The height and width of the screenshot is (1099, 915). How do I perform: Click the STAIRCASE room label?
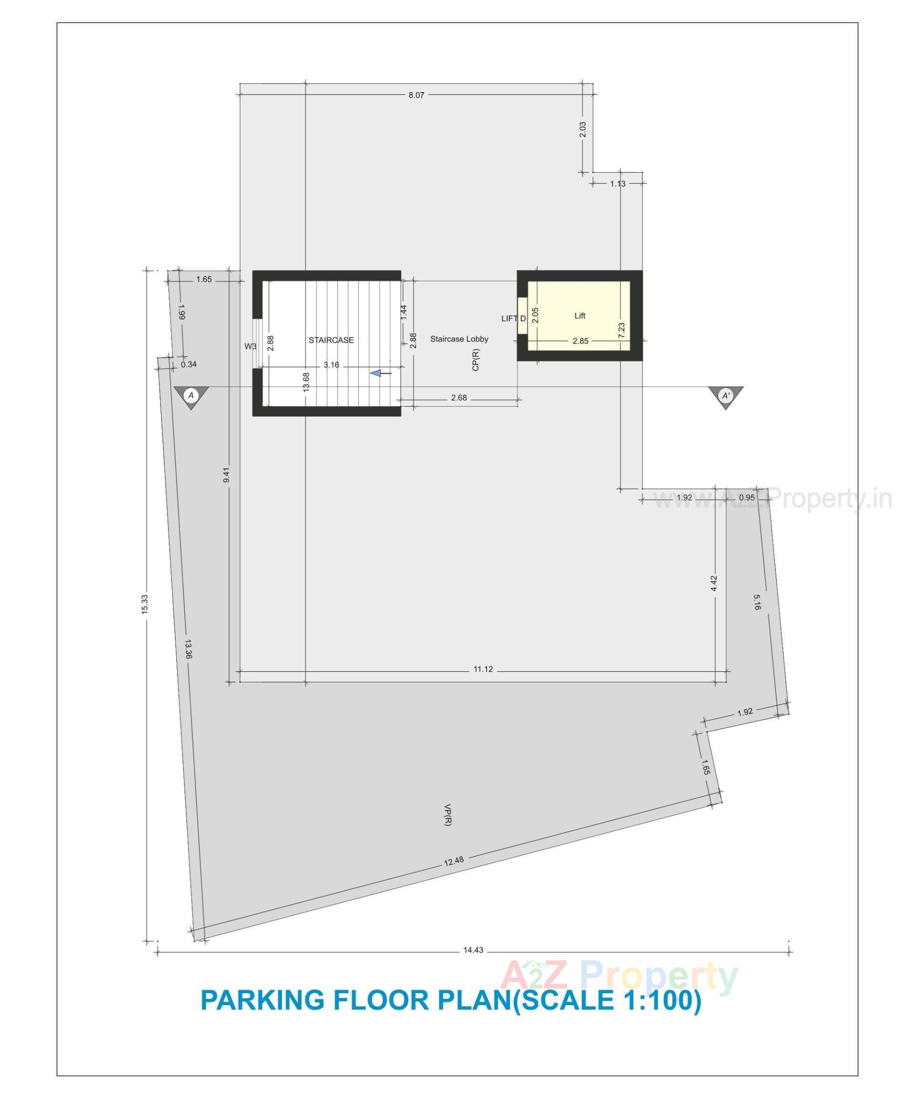click(x=331, y=340)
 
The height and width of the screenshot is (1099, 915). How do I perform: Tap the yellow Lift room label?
click(x=579, y=316)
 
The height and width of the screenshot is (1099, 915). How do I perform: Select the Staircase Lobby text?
click(x=459, y=339)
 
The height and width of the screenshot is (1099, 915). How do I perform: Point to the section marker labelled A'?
click(x=726, y=396)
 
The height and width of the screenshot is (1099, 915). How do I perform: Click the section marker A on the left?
click(x=191, y=396)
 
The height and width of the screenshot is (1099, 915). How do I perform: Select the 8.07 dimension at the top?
click(x=416, y=95)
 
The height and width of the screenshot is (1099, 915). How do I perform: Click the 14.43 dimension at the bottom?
click(x=473, y=950)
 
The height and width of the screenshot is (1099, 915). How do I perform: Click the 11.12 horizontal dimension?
click(x=483, y=669)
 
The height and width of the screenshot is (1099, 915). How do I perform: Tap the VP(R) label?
click(x=447, y=815)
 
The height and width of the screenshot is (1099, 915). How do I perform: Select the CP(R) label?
click(x=476, y=359)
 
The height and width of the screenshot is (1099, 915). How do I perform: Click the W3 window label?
click(x=251, y=347)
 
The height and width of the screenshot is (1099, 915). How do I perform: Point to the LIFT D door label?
click(x=513, y=318)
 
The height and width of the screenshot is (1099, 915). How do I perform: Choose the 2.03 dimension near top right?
click(x=583, y=129)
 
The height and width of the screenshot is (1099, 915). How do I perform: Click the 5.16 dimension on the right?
click(x=757, y=602)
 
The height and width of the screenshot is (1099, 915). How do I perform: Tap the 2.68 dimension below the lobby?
click(x=459, y=398)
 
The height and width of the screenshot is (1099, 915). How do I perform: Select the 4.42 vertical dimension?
click(x=714, y=584)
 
